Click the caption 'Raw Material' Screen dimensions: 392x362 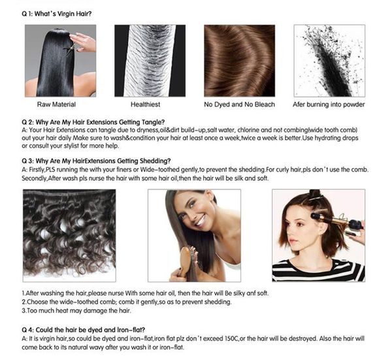point(56,105)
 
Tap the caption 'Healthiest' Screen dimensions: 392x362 point(145,105)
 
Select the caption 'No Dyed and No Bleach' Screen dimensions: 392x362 point(239,105)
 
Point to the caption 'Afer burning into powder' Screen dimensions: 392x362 point(329,105)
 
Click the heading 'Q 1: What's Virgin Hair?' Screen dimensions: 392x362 point(57,14)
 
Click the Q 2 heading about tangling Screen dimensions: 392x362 point(93,122)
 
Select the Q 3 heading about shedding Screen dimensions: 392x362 point(96,161)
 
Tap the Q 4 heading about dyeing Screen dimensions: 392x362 point(84,330)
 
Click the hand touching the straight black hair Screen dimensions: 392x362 point(83,42)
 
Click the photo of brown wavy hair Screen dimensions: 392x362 point(240,61)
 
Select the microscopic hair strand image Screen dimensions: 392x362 point(150,61)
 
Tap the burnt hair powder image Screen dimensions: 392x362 point(329,61)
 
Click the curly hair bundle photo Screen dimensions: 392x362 point(69,235)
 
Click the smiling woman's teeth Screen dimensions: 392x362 point(201,221)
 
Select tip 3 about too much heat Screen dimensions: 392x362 point(76,311)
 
